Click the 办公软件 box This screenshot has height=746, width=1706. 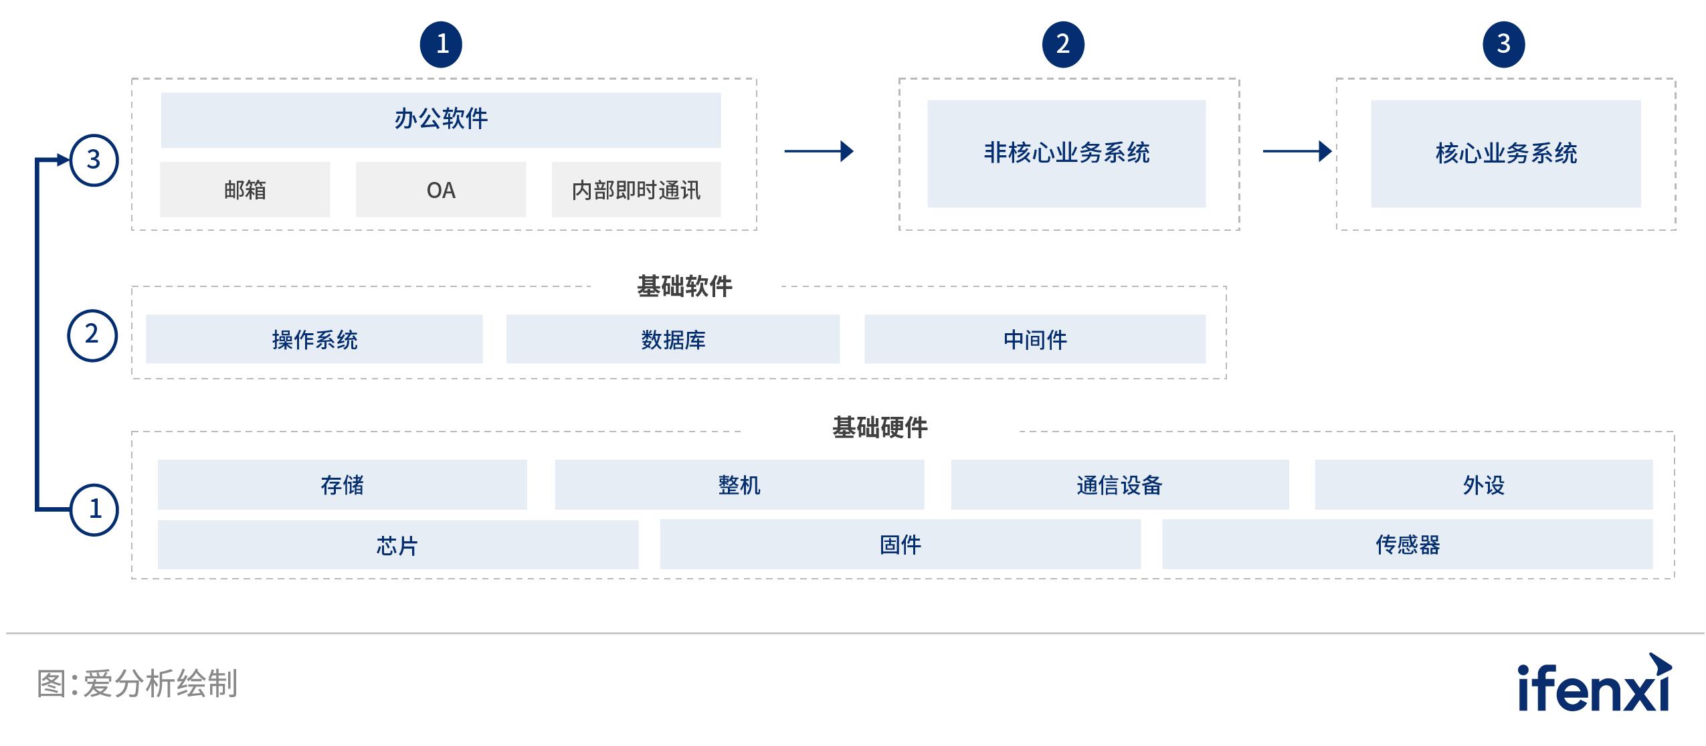click(x=441, y=120)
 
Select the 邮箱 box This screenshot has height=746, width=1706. click(x=245, y=190)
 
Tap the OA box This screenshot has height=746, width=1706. click(x=441, y=190)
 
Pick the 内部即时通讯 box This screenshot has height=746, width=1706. click(x=636, y=190)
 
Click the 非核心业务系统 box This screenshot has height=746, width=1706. click(x=1066, y=153)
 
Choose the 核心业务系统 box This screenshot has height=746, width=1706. click(x=1505, y=153)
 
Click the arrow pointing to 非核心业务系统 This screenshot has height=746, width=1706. click(x=818, y=151)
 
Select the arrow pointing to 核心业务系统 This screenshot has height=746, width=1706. click(x=1297, y=151)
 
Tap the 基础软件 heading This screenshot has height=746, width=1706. click(x=684, y=286)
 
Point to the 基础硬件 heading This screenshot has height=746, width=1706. click(x=880, y=428)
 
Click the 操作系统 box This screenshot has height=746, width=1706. click(x=314, y=339)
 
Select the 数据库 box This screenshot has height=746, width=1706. click(x=673, y=339)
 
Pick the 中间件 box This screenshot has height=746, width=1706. click(x=1035, y=339)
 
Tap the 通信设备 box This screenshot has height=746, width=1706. click(x=1119, y=484)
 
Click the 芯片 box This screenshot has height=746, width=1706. click(x=397, y=545)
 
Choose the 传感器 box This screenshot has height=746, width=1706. click(x=1407, y=545)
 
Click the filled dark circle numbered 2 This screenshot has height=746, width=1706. click(x=1063, y=45)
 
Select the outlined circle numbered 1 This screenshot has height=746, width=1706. click(x=94, y=510)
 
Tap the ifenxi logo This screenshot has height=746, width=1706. click(x=1595, y=684)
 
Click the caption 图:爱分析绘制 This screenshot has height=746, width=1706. click(x=137, y=684)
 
